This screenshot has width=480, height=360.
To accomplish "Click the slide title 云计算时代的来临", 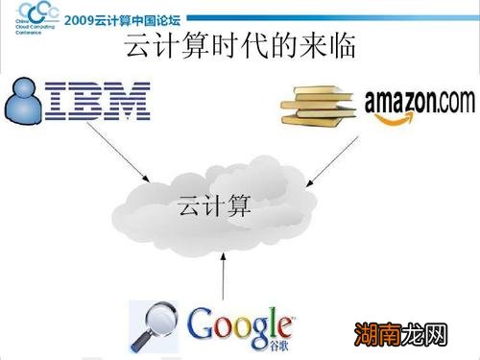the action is pos(241,48).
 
